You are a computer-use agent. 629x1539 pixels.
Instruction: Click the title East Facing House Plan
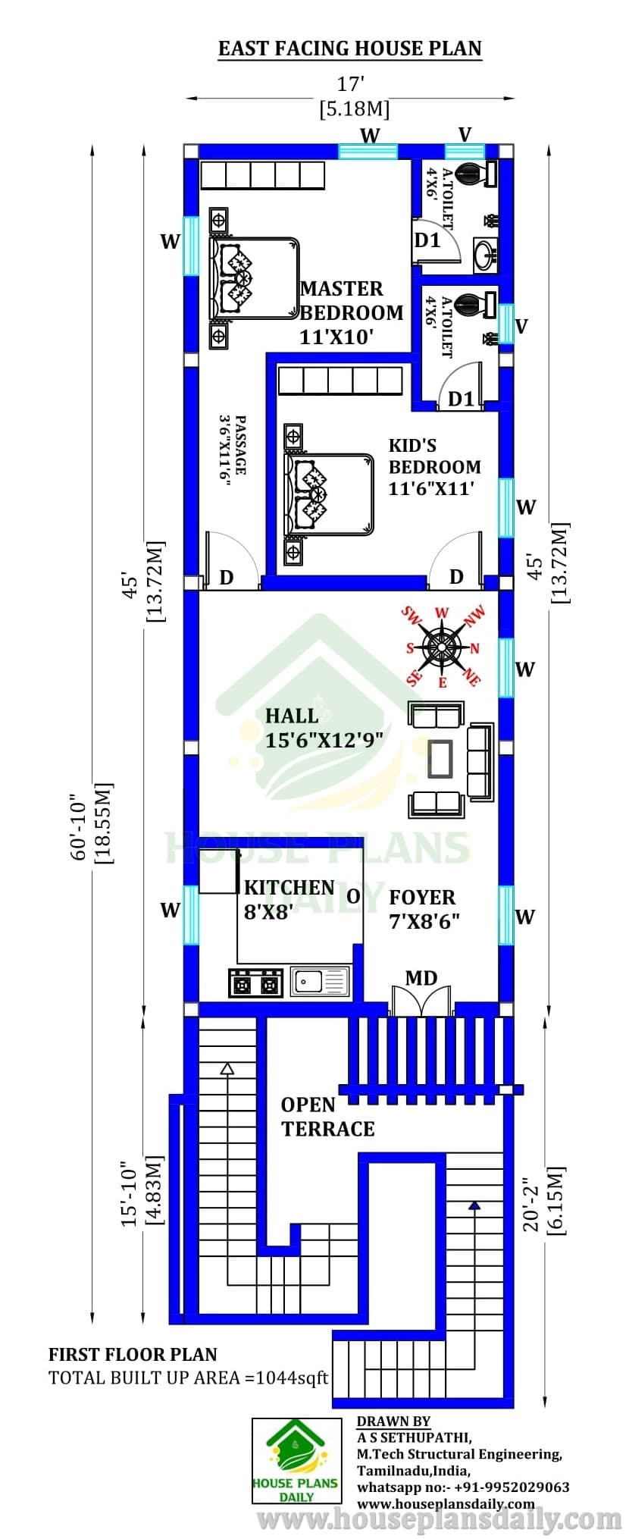(x=349, y=49)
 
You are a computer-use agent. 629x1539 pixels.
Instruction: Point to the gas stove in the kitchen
(x=256, y=983)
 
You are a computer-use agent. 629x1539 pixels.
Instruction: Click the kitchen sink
(x=321, y=982)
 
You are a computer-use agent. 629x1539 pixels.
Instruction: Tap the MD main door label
(x=421, y=978)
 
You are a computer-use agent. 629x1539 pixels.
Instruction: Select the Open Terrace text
(x=327, y=1117)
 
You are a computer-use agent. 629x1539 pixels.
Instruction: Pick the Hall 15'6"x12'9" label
(x=324, y=727)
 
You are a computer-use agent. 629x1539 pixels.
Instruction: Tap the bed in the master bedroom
(x=253, y=277)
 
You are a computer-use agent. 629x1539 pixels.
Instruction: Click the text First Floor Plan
(x=133, y=1354)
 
